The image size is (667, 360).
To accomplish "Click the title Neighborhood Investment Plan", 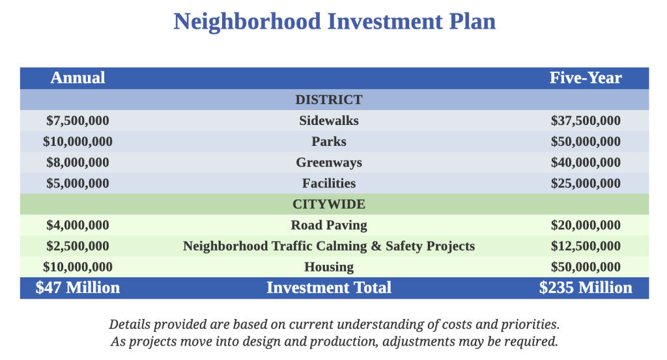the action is tap(334, 21).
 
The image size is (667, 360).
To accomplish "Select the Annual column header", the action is tap(78, 77).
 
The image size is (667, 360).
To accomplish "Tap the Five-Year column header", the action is tap(586, 77).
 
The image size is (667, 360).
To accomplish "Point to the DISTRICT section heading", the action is tap(329, 100).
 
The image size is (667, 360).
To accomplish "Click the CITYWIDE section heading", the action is tap(329, 204).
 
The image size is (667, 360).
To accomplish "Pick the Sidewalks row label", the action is tap(329, 120).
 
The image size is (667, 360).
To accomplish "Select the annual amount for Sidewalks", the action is tap(78, 120).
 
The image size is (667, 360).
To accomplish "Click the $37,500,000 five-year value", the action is tap(586, 120).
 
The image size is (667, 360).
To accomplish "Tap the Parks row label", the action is tap(329, 141).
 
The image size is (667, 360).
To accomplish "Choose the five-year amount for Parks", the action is tap(586, 141).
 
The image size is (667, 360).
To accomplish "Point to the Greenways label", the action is tap(329, 162).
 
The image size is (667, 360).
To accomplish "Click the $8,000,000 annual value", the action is tap(78, 162).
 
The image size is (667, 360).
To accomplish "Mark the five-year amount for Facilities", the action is tap(586, 183).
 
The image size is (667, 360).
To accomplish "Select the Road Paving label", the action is tap(329, 225).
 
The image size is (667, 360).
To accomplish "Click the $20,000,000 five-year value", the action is tap(586, 225).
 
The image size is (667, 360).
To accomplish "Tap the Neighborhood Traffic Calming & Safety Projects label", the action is tap(329, 246).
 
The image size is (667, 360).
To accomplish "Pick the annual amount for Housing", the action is tap(78, 267).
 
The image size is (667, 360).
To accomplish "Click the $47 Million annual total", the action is tap(78, 288).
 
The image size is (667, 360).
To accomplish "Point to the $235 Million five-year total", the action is tap(586, 288).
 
